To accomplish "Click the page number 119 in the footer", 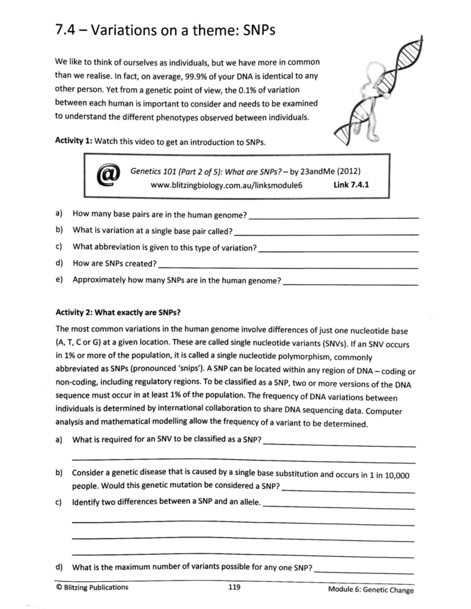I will click(x=234, y=587).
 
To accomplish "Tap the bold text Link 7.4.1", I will click(x=351, y=184).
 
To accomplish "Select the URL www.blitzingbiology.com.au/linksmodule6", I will click(x=226, y=185).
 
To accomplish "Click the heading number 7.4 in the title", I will click(x=65, y=30).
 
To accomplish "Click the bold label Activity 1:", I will click(x=73, y=140).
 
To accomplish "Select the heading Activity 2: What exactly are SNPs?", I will click(x=118, y=313).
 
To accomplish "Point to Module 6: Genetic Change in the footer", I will click(x=371, y=589).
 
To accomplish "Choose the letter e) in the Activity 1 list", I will click(x=59, y=280).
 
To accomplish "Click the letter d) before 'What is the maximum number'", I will click(x=59, y=567).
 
